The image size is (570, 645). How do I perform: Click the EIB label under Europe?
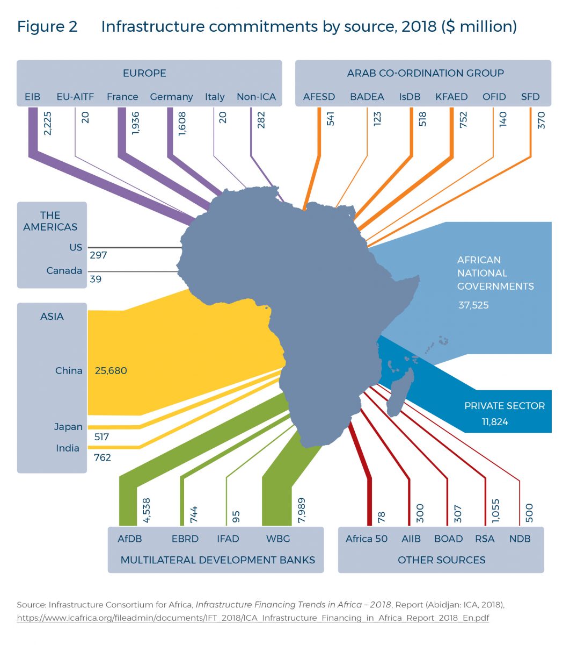point(32,97)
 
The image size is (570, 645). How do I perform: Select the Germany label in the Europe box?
point(171,97)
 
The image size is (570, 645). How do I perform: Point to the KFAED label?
point(451,97)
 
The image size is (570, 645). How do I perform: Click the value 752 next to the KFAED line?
point(463,119)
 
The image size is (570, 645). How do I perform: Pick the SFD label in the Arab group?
point(530,97)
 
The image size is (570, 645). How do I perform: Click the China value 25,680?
point(111,371)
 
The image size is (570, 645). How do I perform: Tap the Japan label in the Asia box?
point(68,427)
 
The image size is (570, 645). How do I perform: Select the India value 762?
point(103,458)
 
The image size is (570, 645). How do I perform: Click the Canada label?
point(64,271)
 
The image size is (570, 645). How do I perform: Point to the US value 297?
point(99,255)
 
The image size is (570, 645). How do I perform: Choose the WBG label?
point(278,539)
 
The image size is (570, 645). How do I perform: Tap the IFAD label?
point(228,539)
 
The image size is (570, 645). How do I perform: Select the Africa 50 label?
point(367,539)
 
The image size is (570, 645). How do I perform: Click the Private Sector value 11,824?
point(495,422)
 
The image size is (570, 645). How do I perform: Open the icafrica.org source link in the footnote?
point(253,618)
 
